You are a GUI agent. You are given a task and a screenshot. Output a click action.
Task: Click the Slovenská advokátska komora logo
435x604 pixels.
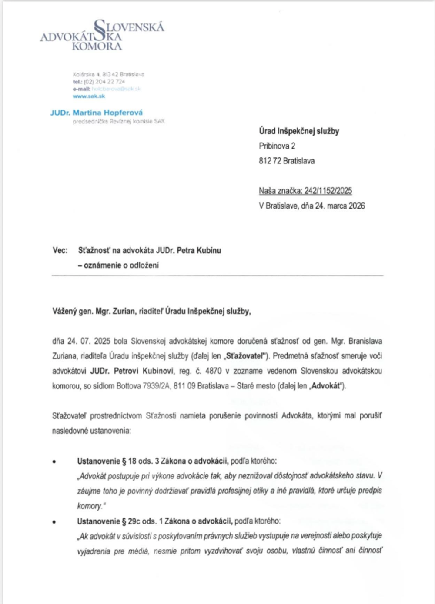click(103, 35)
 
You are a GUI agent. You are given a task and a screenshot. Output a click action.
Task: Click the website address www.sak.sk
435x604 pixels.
click(89, 96)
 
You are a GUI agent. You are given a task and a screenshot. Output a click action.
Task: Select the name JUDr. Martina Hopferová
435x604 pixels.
click(97, 113)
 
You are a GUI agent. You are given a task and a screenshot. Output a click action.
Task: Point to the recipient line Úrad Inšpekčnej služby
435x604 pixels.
click(299, 131)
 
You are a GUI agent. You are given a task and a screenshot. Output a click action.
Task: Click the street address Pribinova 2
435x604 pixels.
click(277, 146)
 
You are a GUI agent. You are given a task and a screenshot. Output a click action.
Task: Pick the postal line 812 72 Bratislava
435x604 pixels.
click(287, 161)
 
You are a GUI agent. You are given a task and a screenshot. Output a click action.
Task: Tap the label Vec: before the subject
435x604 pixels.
click(60, 250)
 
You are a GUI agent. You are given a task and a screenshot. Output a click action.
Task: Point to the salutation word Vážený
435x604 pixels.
click(64, 311)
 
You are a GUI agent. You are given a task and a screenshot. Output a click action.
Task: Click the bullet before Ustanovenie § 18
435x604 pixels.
click(54, 462)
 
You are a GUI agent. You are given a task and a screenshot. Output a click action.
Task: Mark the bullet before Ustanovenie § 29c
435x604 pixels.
click(54, 522)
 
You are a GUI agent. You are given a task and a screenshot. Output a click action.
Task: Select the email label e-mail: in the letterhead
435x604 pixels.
click(82, 89)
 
